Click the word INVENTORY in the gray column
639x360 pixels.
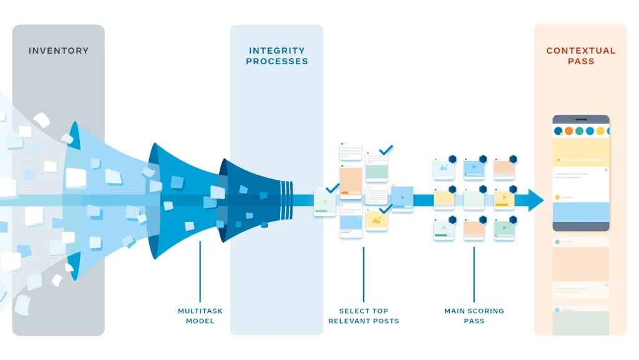click(59, 51)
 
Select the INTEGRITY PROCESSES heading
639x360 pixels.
click(276, 56)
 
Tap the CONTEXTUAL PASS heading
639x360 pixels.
click(580, 56)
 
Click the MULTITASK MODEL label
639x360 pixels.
click(200, 316)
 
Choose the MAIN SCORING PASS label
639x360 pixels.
click(474, 316)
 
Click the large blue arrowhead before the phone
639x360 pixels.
click(536, 200)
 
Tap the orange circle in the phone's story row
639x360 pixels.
click(568, 131)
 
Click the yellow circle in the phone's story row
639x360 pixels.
click(600, 131)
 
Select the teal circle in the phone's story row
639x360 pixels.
click(579, 131)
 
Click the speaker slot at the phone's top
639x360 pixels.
click(581, 119)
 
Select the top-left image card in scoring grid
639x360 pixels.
click(444, 168)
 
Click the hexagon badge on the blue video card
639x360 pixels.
click(482, 159)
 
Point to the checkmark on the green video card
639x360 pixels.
click(332, 187)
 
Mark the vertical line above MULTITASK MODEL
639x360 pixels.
click(200, 271)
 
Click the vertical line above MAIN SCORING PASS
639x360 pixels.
click(474, 275)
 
